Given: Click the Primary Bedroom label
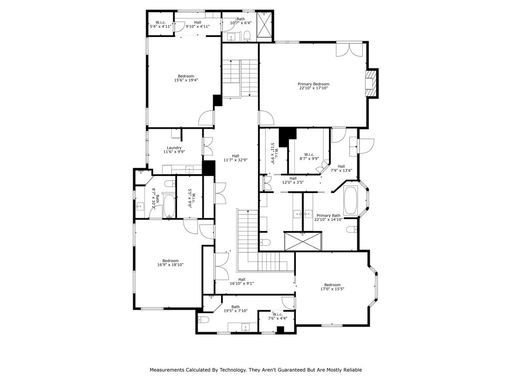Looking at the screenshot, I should tap(313, 84).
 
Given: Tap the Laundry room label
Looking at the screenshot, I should tap(174, 148).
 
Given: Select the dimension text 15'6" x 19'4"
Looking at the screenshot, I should tap(186, 80).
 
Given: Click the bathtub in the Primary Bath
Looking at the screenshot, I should tap(352, 201).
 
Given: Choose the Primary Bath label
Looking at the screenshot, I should tap(328, 215).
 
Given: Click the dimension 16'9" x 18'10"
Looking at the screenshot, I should tap(170, 265).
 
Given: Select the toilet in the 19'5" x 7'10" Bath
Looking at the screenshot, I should tap(203, 320).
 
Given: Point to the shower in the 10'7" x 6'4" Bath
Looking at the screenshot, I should tap(264, 25).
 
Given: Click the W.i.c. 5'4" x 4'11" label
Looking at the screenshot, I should tap(161, 24).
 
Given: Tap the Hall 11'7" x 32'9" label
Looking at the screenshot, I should tap(236, 158).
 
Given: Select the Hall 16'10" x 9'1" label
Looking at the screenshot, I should tap(242, 281).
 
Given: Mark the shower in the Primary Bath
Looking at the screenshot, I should tap(303, 241).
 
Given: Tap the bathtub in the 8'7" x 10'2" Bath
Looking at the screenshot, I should tap(169, 206).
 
